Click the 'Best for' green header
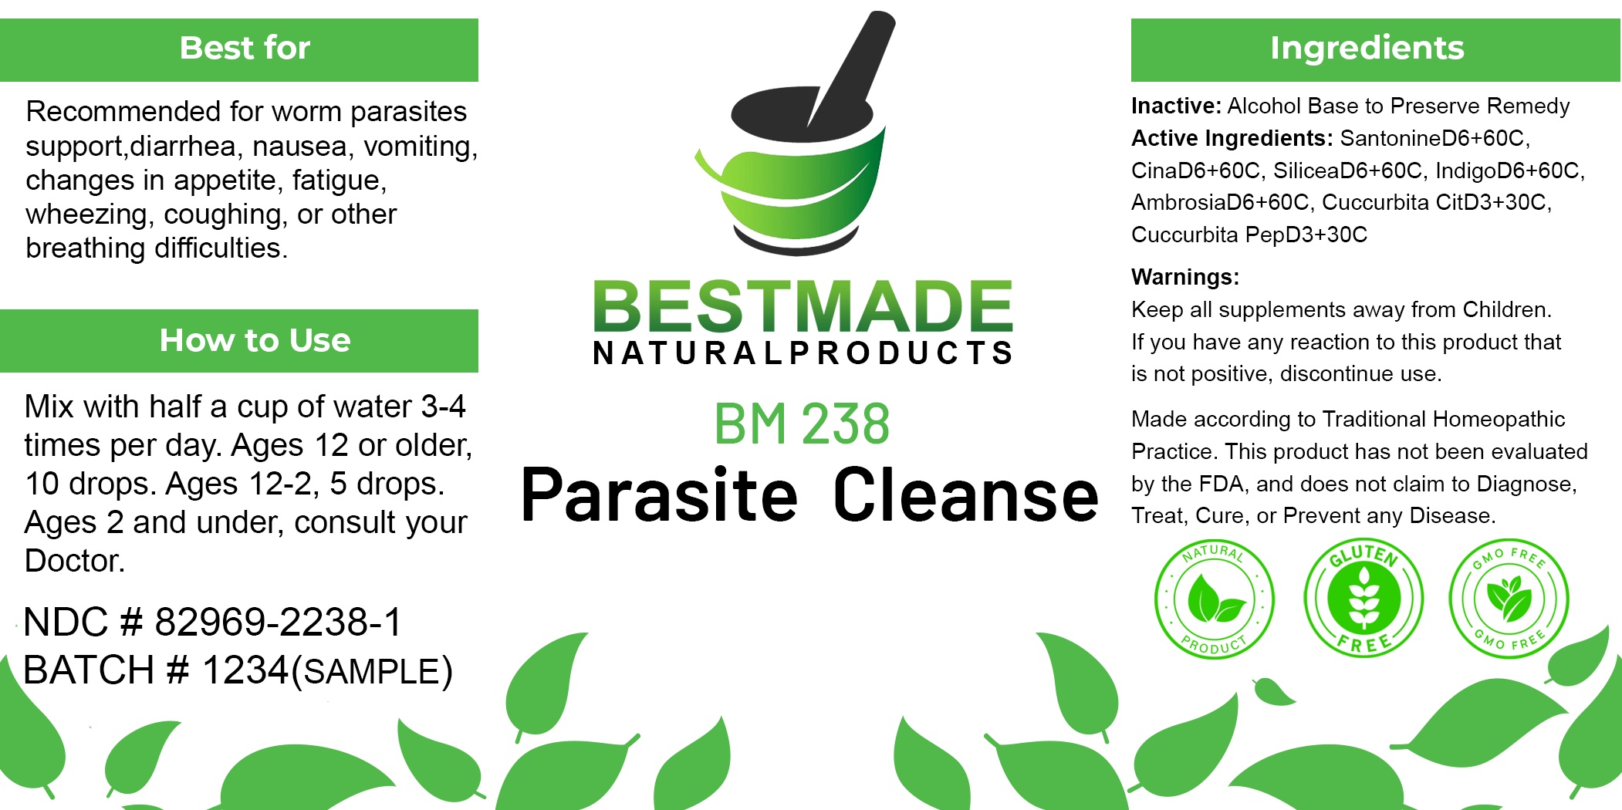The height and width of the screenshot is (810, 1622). [239, 49]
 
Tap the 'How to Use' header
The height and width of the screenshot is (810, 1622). [239, 341]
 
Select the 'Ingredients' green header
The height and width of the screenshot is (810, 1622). [1375, 49]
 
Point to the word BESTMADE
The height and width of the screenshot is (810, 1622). [803, 306]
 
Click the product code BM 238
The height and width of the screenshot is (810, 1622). [802, 424]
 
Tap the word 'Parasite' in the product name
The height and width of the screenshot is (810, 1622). [659, 495]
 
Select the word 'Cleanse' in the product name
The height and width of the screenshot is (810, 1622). [966, 495]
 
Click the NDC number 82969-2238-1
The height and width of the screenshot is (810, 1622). [279, 622]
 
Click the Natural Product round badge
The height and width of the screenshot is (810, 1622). [1214, 599]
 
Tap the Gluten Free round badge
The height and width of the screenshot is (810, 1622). [1363, 599]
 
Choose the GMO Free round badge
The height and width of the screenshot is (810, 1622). [1509, 599]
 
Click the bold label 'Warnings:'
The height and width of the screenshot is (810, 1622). [1185, 277]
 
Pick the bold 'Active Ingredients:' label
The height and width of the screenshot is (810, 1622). [1232, 138]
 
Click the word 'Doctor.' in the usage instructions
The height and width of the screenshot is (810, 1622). [75, 561]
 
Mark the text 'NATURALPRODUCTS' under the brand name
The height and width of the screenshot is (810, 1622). [803, 353]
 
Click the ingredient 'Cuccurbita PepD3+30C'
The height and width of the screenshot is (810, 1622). [1249, 235]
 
